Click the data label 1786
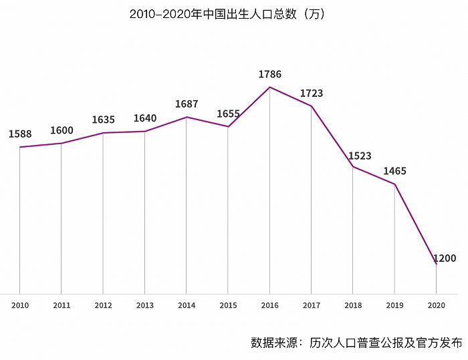[270, 75]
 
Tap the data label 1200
[445, 258]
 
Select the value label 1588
[20, 134]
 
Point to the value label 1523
[360, 156]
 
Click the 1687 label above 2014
[187, 104]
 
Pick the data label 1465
[394, 172]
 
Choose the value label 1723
[312, 94]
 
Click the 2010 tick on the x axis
[20, 305]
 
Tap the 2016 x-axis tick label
[270, 305]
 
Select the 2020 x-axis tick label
[437, 305]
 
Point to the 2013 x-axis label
[145, 305]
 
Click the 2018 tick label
[353, 305]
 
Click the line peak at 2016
[270, 87]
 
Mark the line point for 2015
[228, 127]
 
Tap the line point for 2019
[394, 184]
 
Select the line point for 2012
[103, 133]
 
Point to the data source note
[356, 343]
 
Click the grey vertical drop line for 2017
[312, 200]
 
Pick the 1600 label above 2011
[62, 131]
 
